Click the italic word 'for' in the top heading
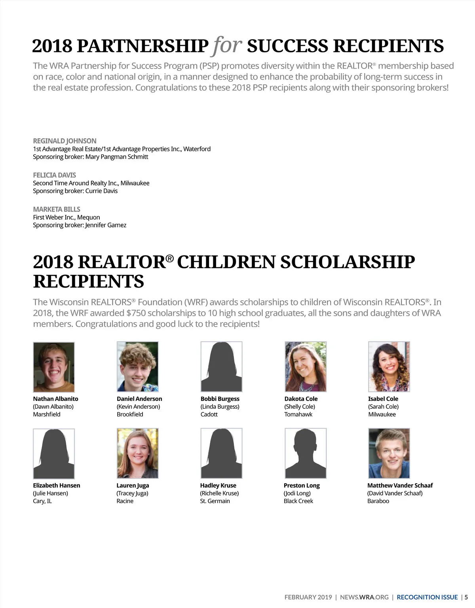pos(227,46)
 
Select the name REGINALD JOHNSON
pos(65,141)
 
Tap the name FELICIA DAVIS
pos(54,175)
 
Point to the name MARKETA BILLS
pos(56,209)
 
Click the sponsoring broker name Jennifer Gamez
pos(106,225)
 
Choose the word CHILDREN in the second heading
pos(226,262)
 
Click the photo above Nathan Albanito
pos(54,367)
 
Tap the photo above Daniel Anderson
pos(137,367)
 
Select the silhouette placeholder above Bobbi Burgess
pos(221,367)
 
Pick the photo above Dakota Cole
pos(305,367)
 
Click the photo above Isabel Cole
pos(389,367)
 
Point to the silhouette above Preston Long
pos(305,453)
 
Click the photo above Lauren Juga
pos(137,453)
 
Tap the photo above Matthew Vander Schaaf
pos(389,453)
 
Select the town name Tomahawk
pos(298,414)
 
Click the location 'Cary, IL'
pos(42,501)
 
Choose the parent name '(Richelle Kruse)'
pos(219,493)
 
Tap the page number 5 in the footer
pos(466,597)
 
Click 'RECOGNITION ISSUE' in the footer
pos(427,597)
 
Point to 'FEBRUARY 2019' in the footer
pos(308,597)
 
